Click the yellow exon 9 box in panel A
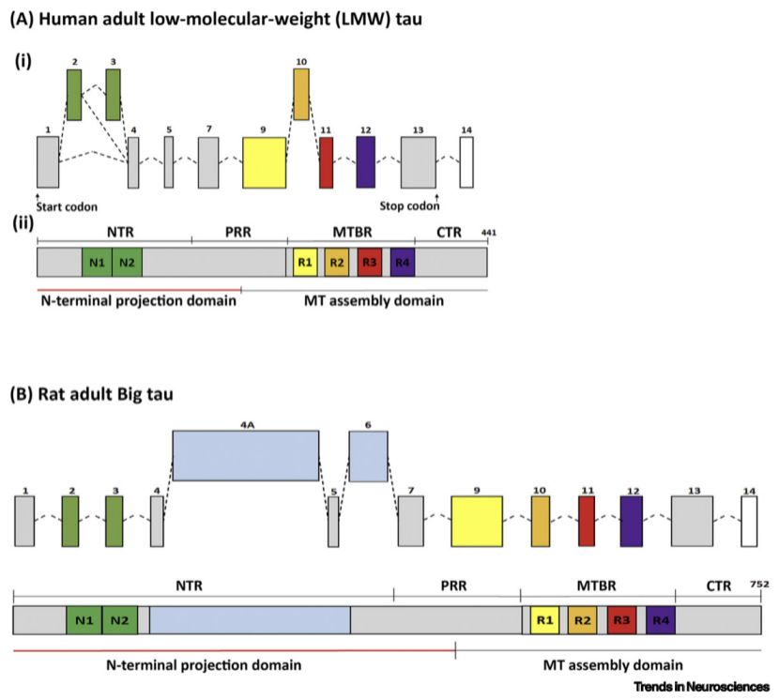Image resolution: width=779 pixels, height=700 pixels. click(264, 161)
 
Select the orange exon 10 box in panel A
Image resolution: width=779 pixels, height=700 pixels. click(301, 95)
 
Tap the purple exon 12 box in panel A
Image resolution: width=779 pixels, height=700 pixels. click(366, 161)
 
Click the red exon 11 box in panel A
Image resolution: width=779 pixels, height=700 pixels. click(327, 161)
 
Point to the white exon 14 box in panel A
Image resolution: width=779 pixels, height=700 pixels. click(466, 161)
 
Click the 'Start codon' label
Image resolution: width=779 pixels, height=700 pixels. click(66, 206)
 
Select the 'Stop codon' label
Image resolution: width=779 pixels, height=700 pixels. click(409, 206)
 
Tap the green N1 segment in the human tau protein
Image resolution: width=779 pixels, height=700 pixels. click(97, 262)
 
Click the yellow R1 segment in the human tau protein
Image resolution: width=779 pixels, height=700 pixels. click(305, 262)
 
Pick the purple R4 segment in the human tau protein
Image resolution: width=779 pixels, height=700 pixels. click(402, 262)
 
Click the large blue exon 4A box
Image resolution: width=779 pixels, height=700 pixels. click(245, 456)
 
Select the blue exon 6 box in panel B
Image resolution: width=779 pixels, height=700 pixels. click(368, 457)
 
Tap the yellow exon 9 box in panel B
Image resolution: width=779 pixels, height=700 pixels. click(479, 522)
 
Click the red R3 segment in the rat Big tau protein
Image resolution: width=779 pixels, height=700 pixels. click(621, 619)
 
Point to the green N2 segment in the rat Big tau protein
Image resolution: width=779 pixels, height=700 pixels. click(119, 619)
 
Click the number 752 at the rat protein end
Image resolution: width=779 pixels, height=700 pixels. click(758, 585)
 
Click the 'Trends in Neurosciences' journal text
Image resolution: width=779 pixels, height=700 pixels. click(701, 687)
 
